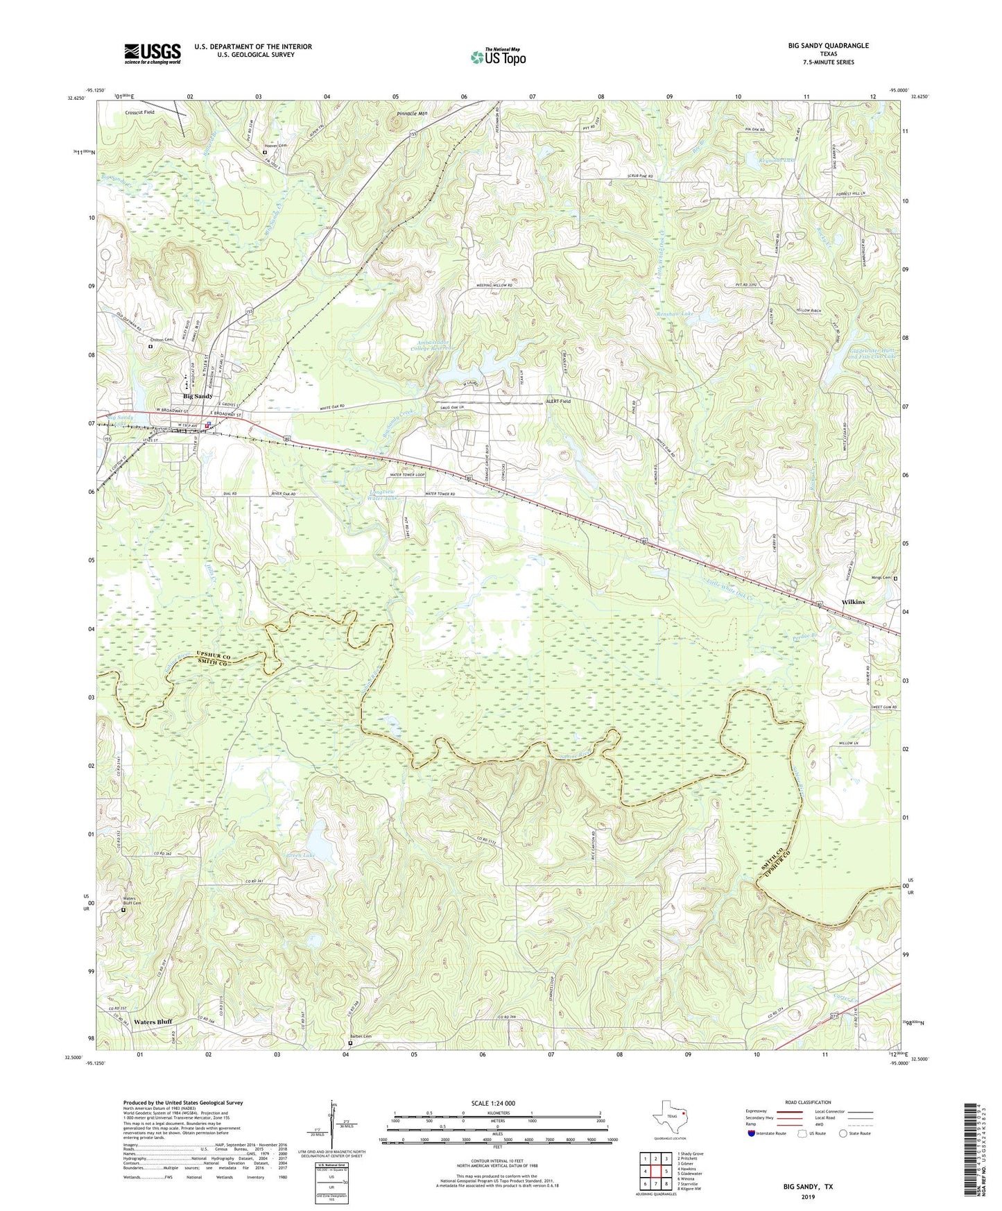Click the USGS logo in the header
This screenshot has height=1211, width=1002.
(153, 53)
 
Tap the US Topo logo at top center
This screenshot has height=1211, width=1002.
(497, 57)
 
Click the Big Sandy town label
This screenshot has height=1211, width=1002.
(198, 396)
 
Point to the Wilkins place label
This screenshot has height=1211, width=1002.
(852, 602)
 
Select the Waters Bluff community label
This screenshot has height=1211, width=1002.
(153, 1022)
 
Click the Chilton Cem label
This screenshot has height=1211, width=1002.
(161, 340)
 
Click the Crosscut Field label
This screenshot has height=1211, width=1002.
(139, 112)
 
